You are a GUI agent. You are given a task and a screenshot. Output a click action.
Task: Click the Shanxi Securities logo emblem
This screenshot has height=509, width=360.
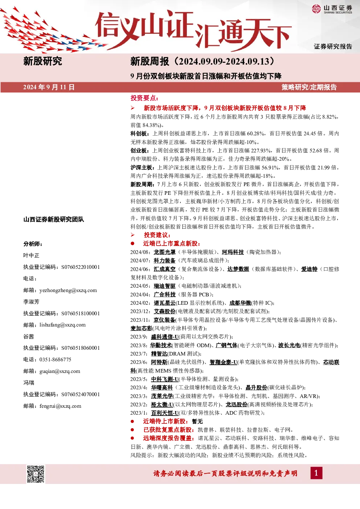316,9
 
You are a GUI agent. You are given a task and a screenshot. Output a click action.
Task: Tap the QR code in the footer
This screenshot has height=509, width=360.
36,474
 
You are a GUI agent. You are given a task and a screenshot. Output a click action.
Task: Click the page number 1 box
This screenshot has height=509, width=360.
316,473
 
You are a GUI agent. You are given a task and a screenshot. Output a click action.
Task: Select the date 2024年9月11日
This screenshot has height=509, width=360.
49,87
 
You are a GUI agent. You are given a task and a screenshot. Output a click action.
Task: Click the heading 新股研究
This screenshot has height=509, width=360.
42,61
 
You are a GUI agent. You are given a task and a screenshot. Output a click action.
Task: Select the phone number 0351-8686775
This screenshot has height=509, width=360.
55,359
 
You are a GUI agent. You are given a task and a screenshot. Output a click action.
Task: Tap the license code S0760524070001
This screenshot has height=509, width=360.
81,394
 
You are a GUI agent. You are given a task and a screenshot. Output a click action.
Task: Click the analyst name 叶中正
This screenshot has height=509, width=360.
31,255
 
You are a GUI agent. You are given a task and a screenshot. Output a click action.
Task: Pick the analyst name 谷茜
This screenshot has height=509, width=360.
29,336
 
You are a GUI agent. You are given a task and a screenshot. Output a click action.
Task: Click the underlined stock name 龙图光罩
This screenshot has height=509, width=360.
164,252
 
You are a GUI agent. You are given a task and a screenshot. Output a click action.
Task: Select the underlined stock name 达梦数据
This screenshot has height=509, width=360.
238,269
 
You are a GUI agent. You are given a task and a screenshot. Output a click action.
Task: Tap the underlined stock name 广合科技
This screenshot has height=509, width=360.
164,295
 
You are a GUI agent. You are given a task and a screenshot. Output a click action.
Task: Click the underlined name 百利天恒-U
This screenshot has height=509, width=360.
164,413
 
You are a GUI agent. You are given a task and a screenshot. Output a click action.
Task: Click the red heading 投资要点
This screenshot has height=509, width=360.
144,98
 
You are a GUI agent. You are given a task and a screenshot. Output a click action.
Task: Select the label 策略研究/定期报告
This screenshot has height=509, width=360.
309,87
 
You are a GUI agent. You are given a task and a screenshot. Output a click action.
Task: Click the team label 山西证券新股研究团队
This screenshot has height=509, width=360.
54,219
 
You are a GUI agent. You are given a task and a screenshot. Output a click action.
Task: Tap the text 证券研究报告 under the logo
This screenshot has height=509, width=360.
333,46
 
